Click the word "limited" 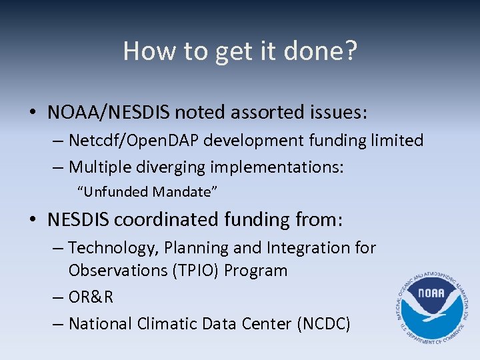pyautogui.click(x=394, y=141)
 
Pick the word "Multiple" pyautogui.click(x=99, y=167)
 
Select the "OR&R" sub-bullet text pyautogui.click(x=91, y=297)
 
